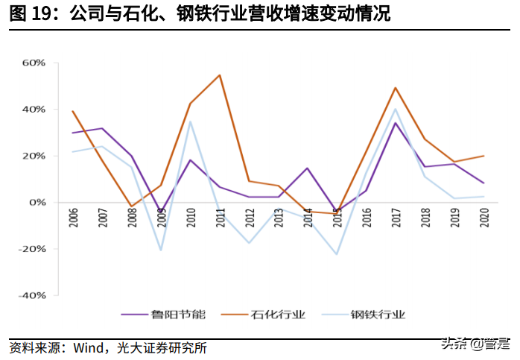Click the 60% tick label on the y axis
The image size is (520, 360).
coord(34,63)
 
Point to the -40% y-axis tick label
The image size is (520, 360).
coord(32,295)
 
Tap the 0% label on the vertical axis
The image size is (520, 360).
coord(37,202)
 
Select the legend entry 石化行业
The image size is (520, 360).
coord(279,315)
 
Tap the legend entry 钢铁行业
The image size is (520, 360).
coord(379,315)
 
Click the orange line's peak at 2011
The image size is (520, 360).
coord(219,75)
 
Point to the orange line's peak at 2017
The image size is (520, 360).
coord(395,88)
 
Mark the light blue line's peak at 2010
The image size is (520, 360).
coord(190,121)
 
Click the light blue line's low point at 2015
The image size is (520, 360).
coord(336,254)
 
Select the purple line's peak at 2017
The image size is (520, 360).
coord(395,123)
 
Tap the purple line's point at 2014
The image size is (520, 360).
coord(307,168)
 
